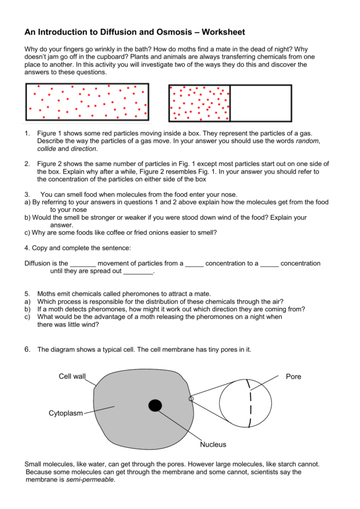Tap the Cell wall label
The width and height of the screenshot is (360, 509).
[72, 376]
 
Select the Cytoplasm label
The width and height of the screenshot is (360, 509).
[66, 413]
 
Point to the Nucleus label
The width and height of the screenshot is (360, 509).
[213, 444]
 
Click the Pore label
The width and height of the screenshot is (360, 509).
[293, 377]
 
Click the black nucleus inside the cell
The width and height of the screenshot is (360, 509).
[155, 405]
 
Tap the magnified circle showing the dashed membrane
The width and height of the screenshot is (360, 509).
[245, 402]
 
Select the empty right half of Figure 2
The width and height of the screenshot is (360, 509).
[261, 103]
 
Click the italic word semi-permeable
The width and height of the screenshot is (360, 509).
[90, 480]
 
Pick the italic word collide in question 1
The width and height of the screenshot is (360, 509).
[47, 149]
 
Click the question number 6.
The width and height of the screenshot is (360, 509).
[27, 349]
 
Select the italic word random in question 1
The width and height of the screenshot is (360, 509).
[308, 141]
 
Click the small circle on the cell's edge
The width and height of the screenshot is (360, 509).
[191, 399]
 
